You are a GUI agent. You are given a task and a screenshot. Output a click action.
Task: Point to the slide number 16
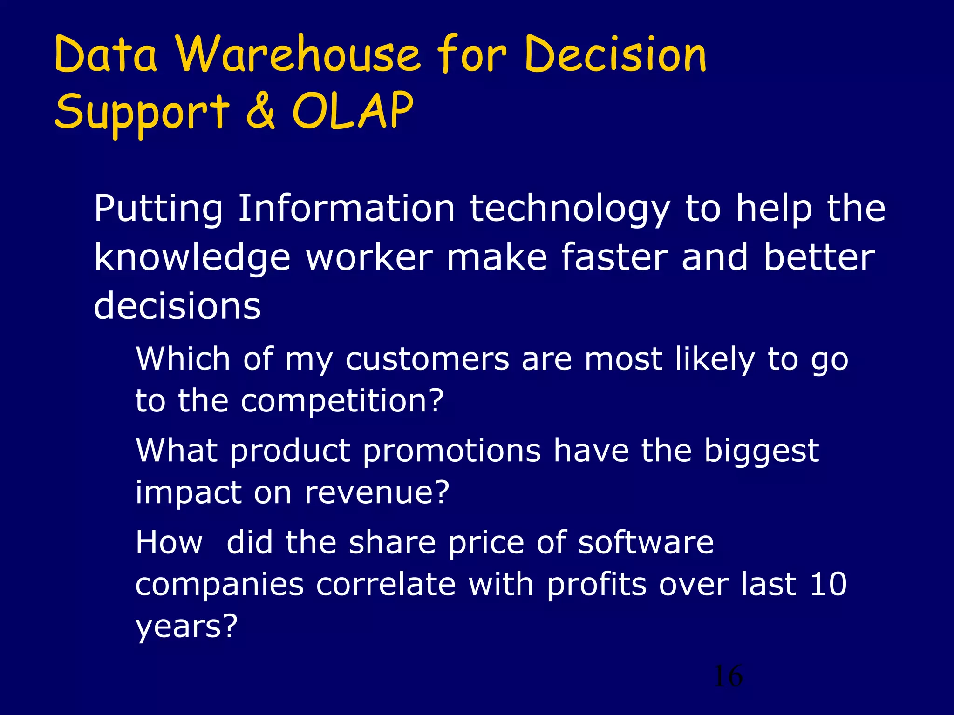(728, 676)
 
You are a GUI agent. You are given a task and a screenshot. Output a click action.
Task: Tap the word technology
(570, 209)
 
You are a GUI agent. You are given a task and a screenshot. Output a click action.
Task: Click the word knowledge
(192, 258)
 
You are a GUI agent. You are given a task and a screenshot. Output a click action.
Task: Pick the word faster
(614, 257)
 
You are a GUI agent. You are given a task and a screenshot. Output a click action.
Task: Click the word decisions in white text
(177, 306)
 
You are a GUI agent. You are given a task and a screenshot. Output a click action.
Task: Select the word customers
(427, 359)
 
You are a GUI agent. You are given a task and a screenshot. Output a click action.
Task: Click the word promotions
(452, 451)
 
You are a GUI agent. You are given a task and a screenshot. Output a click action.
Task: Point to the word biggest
(761, 451)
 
